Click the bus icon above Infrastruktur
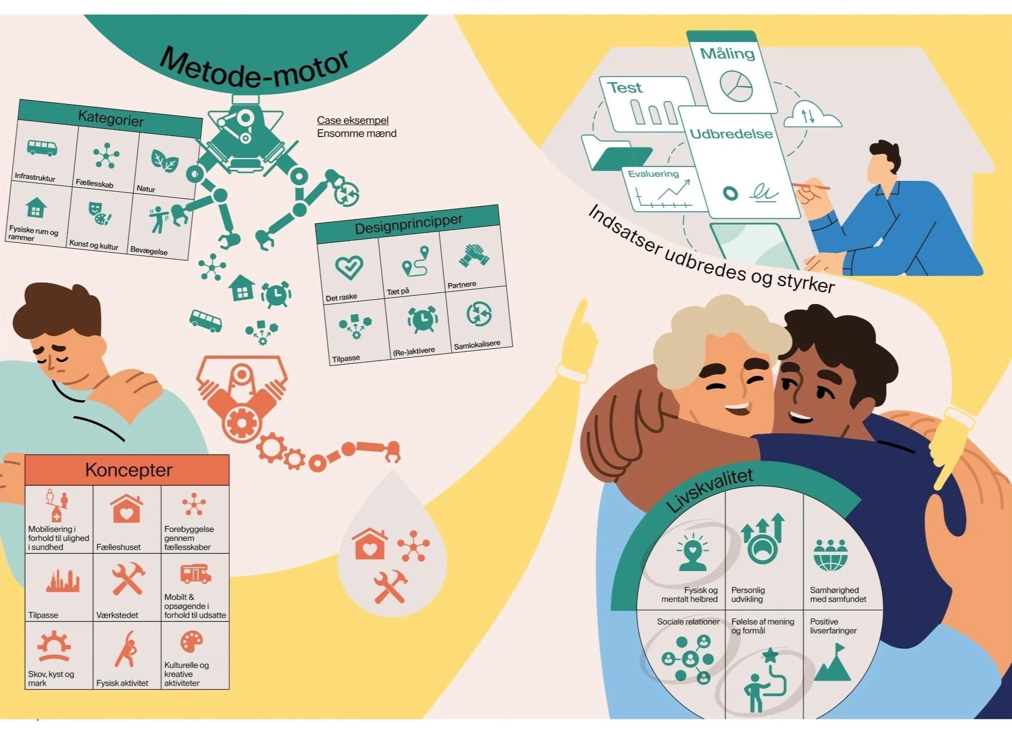click(x=42, y=148)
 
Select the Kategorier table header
click(x=110, y=119)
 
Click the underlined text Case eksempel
click(x=352, y=120)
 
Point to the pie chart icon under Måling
click(x=736, y=86)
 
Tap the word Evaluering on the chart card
click(x=653, y=174)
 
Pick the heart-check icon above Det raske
click(x=349, y=267)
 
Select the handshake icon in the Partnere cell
click(x=474, y=255)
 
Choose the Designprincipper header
click(x=409, y=224)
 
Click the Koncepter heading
click(x=128, y=470)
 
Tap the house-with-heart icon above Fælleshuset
click(x=126, y=509)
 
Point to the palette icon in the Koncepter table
click(x=192, y=642)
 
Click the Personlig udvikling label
click(x=748, y=594)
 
